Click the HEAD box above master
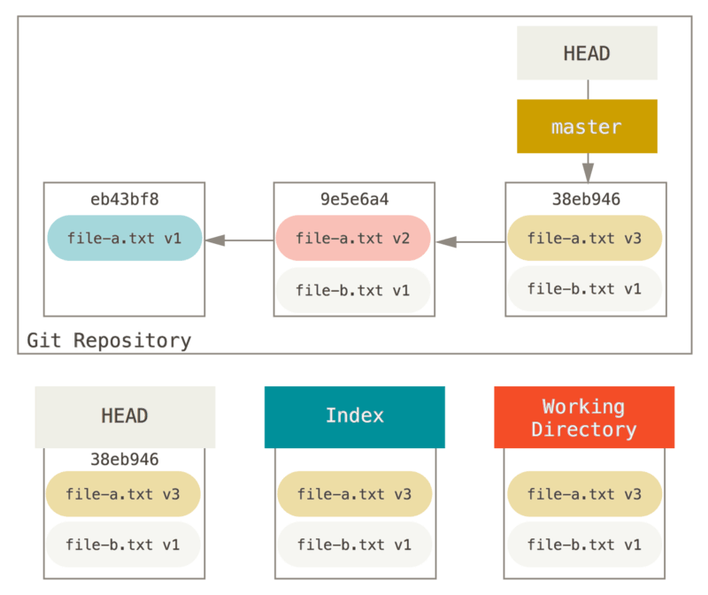[x=587, y=53]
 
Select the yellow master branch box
[x=587, y=126]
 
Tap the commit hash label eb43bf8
[x=125, y=199]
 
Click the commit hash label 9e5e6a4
[x=353, y=199]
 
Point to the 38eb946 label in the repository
[x=585, y=199]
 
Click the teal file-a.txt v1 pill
[x=125, y=239]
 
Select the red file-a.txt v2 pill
[x=353, y=239]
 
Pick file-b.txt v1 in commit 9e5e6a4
[x=353, y=290]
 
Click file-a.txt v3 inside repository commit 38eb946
[x=585, y=239]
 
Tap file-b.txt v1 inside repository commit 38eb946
[x=585, y=289]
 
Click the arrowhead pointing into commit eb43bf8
[x=214, y=240]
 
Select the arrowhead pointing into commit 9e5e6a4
[x=444, y=240]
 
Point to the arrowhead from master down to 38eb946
[x=588, y=172]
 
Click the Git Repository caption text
[x=109, y=340]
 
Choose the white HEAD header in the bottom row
[x=125, y=416]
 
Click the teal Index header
[x=354, y=416]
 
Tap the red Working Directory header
[x=584, y=417]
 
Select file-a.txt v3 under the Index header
[x=354, y=494]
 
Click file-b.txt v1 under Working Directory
[x=584, y=545]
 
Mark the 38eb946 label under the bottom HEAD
[x=125, y=459]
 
